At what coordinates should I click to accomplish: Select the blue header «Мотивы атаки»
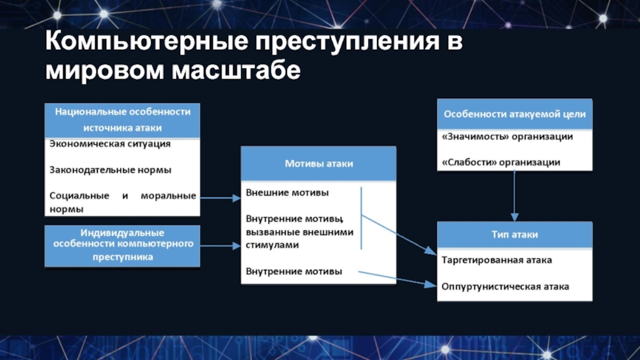(x=319, y=163)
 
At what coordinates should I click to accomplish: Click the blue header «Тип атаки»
(x=514, y=235)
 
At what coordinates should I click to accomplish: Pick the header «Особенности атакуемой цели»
(x=514, y=114)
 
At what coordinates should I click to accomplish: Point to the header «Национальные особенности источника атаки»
(x=122, y=119)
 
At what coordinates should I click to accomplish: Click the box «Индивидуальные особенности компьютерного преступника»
(x=122, y=245)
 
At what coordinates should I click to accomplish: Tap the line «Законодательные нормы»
(x=110, y=170)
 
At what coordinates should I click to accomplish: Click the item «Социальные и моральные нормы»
(x=122, y=202)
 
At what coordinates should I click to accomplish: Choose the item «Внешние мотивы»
(x=287, y=193)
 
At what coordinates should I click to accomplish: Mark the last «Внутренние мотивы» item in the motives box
(x=294, y=271)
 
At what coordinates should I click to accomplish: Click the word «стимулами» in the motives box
(x=272, y=246)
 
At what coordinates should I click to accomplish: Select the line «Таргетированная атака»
(x=496, y=260)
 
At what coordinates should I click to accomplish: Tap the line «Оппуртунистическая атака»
(x=505, y=286)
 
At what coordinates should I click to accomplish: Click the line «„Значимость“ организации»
(x=506, y=137)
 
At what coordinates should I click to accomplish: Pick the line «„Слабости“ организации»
(x=501, y=162)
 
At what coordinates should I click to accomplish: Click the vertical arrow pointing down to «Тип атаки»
(x=515, y=195)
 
